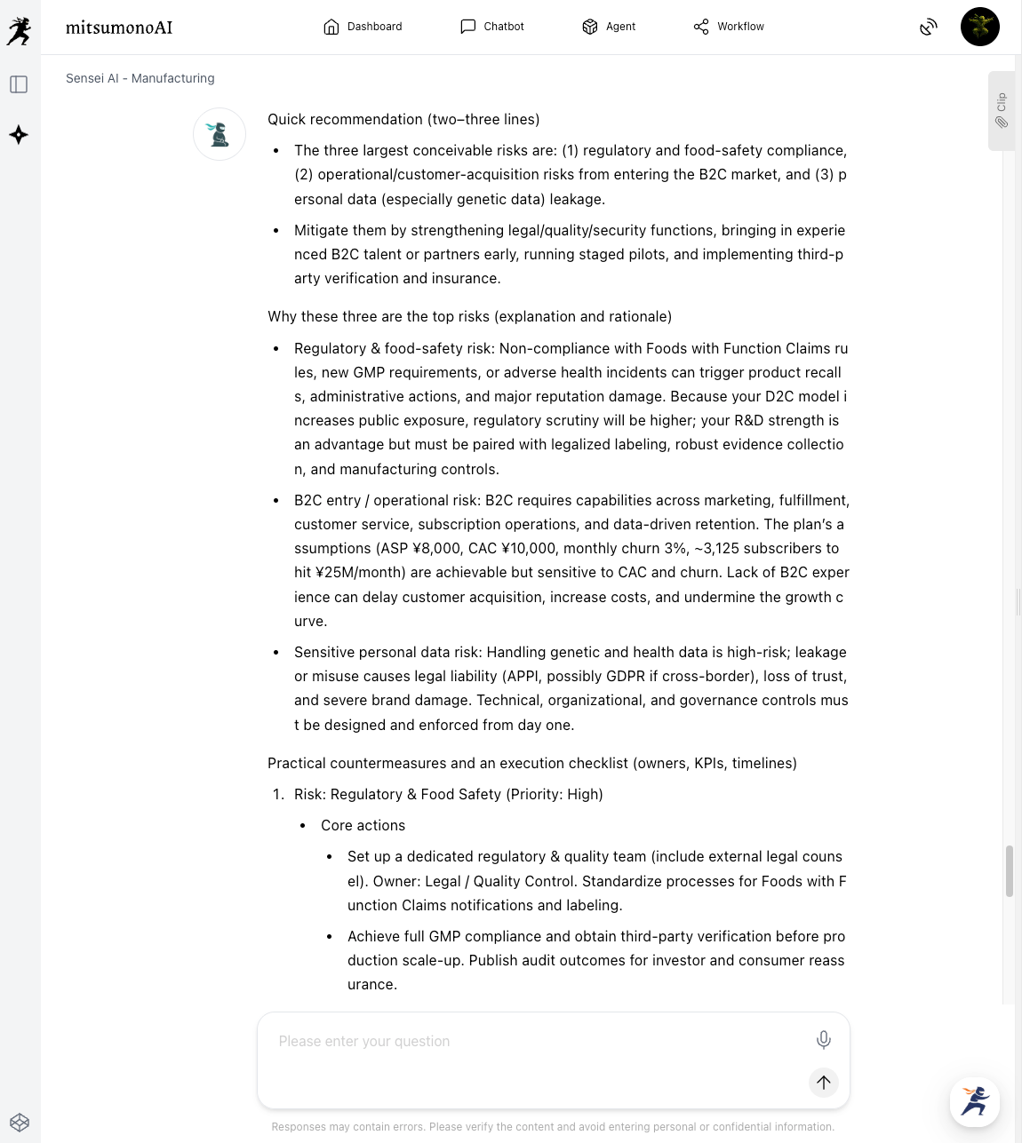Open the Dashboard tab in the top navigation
[x=363, y=27]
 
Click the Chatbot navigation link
[x=492, y=27]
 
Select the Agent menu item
[x=609, y=27]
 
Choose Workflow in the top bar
[x=729, y=27]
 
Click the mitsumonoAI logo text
[x=119, y=28]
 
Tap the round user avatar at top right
[x=979, y=27]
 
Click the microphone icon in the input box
[x=824, y=1040]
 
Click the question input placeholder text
[x=364, y=1041]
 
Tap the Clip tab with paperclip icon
[x=1001, y=110]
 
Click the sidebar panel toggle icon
[x=19, y=84]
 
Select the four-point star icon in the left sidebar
[x=19, y=135]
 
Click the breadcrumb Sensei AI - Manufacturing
[x=140, y=78]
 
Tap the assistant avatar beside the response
[x=220, y=134]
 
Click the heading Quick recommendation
[x=403, y=119]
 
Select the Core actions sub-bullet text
[x=363, y=825]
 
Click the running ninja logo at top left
[x=19, y=31]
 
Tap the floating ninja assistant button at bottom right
[x=974, y=1101]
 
